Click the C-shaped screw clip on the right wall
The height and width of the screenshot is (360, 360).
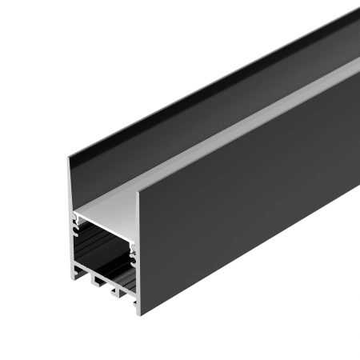point(132,254)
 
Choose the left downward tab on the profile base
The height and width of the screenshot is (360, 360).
point(94,282)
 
